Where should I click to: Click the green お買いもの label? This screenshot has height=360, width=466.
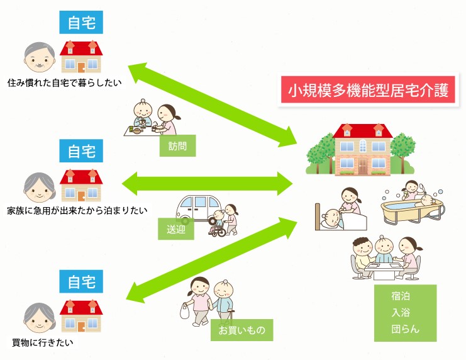241,329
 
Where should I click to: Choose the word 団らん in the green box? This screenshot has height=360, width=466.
405,329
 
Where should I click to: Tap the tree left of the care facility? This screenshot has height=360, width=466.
319,152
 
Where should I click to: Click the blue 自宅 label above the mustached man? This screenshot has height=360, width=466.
81,23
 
